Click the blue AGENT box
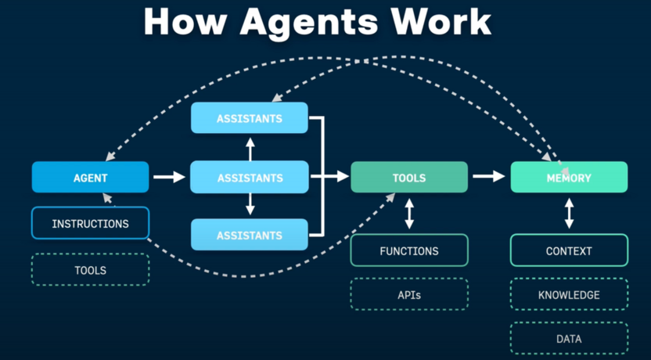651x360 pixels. point(90,178)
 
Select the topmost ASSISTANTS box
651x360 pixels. point(250,118)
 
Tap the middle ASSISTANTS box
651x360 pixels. point(250,178)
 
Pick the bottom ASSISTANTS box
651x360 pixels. point(250,235)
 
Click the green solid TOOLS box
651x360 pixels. point(408,178)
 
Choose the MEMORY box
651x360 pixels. point(569,178)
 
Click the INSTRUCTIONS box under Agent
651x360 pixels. point(90,223)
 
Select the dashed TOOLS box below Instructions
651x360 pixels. point(90,270)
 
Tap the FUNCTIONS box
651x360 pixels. point(408,251)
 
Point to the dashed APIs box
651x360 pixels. point(408,295)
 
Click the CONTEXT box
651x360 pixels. point(569,251)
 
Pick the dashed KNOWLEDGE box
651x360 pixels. point(569,295)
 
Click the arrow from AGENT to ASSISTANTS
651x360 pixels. point(169,178)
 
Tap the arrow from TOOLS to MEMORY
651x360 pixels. point(489,177)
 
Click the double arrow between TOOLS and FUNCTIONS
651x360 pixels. point(408,213)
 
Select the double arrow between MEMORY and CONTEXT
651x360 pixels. point(569,213)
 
